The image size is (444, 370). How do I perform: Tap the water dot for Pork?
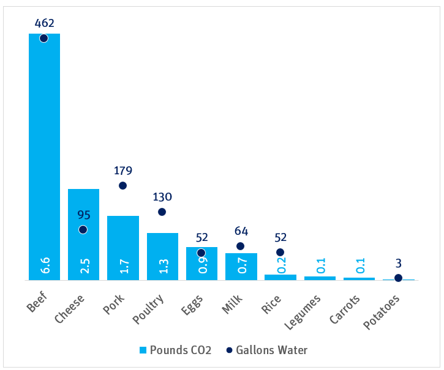[x=122, y=185]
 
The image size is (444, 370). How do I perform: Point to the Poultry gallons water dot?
[x=162, y=212]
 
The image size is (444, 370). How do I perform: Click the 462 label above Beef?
[x=44, y=23]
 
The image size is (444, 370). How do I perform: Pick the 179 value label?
[x=122, y=171]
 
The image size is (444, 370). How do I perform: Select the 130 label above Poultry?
[x=162, y=197]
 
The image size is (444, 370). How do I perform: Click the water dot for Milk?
[x=240, y=246]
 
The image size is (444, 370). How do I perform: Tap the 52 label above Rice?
[x=280, y=237]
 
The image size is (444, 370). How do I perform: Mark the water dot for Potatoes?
[x=398, y=278]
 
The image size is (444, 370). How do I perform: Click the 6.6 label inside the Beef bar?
[x=44, y=265]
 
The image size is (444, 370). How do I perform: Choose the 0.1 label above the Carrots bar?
[x=359, y=266]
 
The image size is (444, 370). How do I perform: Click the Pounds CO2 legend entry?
[x=175, y=350]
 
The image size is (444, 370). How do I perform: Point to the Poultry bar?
[x=162, y=256]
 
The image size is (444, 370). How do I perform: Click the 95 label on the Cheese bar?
[x=83, y=215]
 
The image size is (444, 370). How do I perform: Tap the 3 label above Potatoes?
[x=398, y=264]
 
